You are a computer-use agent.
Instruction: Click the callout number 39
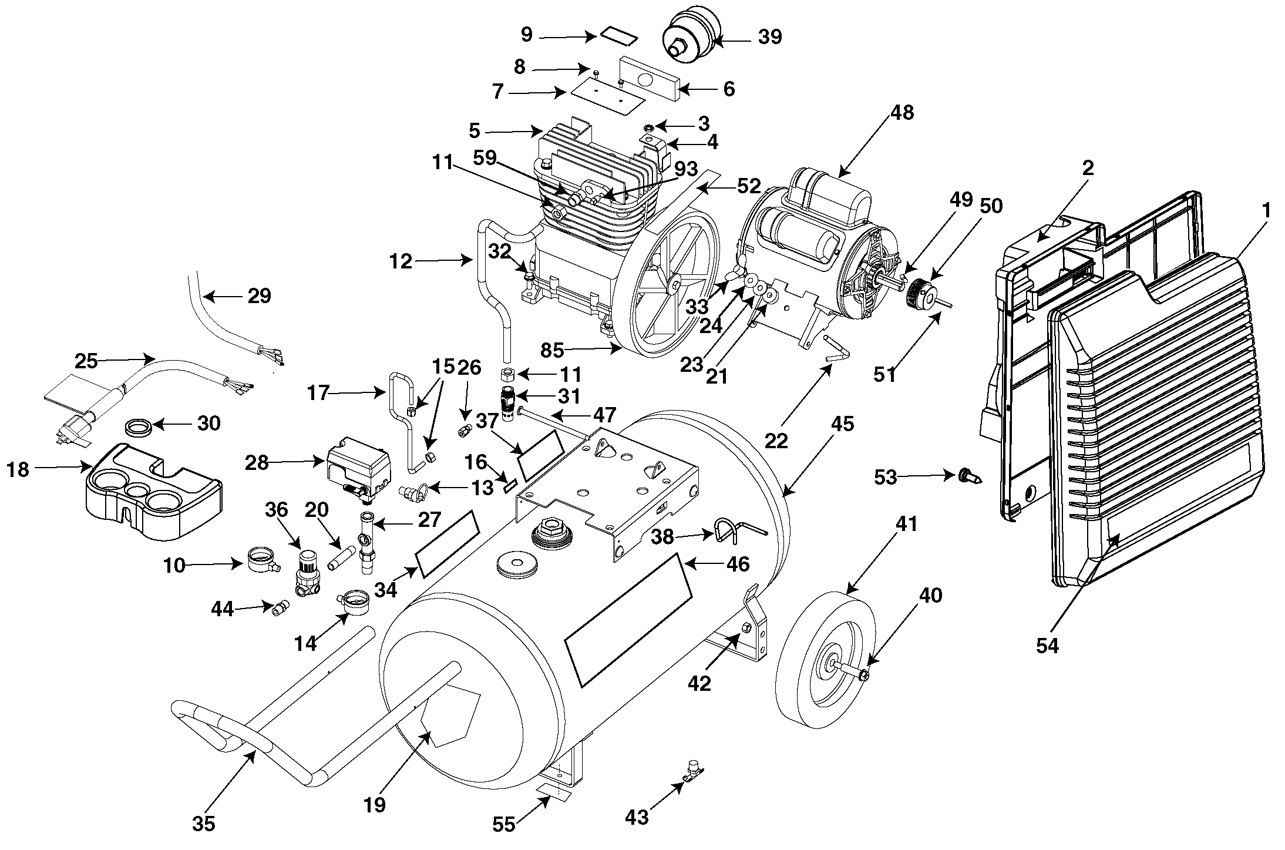point(770,37)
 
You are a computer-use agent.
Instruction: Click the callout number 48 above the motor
point(901,112)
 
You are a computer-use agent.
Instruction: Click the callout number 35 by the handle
point(203,824)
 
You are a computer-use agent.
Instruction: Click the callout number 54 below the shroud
point(1047,646)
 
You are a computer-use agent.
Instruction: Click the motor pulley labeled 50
point(921,292)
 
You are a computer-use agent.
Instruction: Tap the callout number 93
point(685,169)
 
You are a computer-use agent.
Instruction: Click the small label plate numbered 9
point(618,38)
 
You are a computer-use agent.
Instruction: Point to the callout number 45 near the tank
point(842,424)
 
